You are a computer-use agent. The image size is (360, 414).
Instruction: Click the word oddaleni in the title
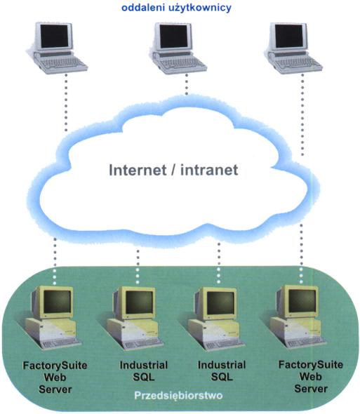coord(142,8)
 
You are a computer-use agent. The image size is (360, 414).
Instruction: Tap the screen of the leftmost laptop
coord(54,36)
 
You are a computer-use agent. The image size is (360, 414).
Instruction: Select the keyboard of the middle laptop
coord(182,64)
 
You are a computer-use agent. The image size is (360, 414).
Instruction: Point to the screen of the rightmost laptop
coord(289,36)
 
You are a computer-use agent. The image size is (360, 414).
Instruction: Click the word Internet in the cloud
coord(138,170)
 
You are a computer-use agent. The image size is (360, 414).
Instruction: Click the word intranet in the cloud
coord(209,170)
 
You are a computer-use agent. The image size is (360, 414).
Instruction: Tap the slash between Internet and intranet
coord(173,170)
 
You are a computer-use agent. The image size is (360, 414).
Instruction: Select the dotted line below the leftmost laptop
coord(66,102)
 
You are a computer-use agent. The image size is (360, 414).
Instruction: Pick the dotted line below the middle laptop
coord(187,84)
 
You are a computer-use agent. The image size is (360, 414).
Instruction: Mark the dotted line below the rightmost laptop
coord(302,114)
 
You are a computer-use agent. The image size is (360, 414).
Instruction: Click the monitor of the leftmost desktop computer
coord(56,302)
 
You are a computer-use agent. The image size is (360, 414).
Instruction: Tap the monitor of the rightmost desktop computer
coord(301,301)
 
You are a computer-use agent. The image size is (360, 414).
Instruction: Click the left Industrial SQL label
coord(144,371)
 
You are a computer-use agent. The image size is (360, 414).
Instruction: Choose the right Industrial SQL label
coord(222,371)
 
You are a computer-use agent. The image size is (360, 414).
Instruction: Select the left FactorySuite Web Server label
coord(55,378)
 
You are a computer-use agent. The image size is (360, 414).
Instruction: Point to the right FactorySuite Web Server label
coord(311,377)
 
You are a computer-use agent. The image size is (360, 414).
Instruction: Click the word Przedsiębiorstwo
coord(178,396)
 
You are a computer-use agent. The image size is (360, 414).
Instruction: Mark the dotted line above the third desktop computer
coord(219,263)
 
